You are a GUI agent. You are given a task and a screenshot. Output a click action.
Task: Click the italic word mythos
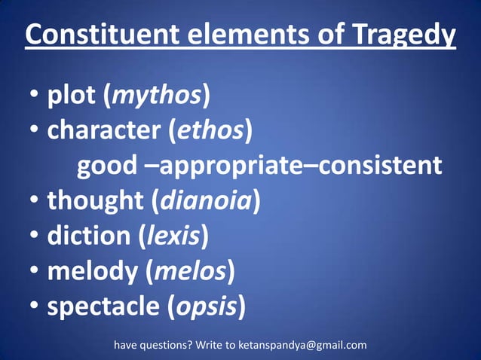pos(157,96)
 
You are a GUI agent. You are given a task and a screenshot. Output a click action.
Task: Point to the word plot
pos(72,96)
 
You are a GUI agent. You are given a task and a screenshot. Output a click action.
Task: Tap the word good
pos(107,166)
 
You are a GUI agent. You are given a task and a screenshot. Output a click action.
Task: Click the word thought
pos(95,201)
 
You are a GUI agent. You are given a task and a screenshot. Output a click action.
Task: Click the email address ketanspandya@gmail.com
pos(302,346)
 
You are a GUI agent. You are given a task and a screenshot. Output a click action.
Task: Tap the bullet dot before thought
pos(35,202)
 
